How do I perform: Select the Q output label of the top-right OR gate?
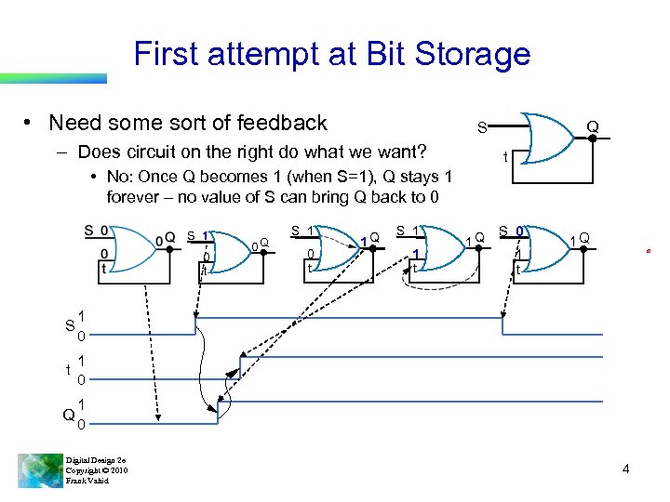point(592,126)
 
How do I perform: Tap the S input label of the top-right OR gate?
point(481,126)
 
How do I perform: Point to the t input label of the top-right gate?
point(505,158)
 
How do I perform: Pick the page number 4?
point(625,469)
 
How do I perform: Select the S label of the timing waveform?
point(69,325)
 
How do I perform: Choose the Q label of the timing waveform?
point(68,415)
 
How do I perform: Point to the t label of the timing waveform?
point(69,369)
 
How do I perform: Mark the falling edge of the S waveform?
point(503,326)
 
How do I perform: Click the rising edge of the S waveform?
point(194,326)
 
